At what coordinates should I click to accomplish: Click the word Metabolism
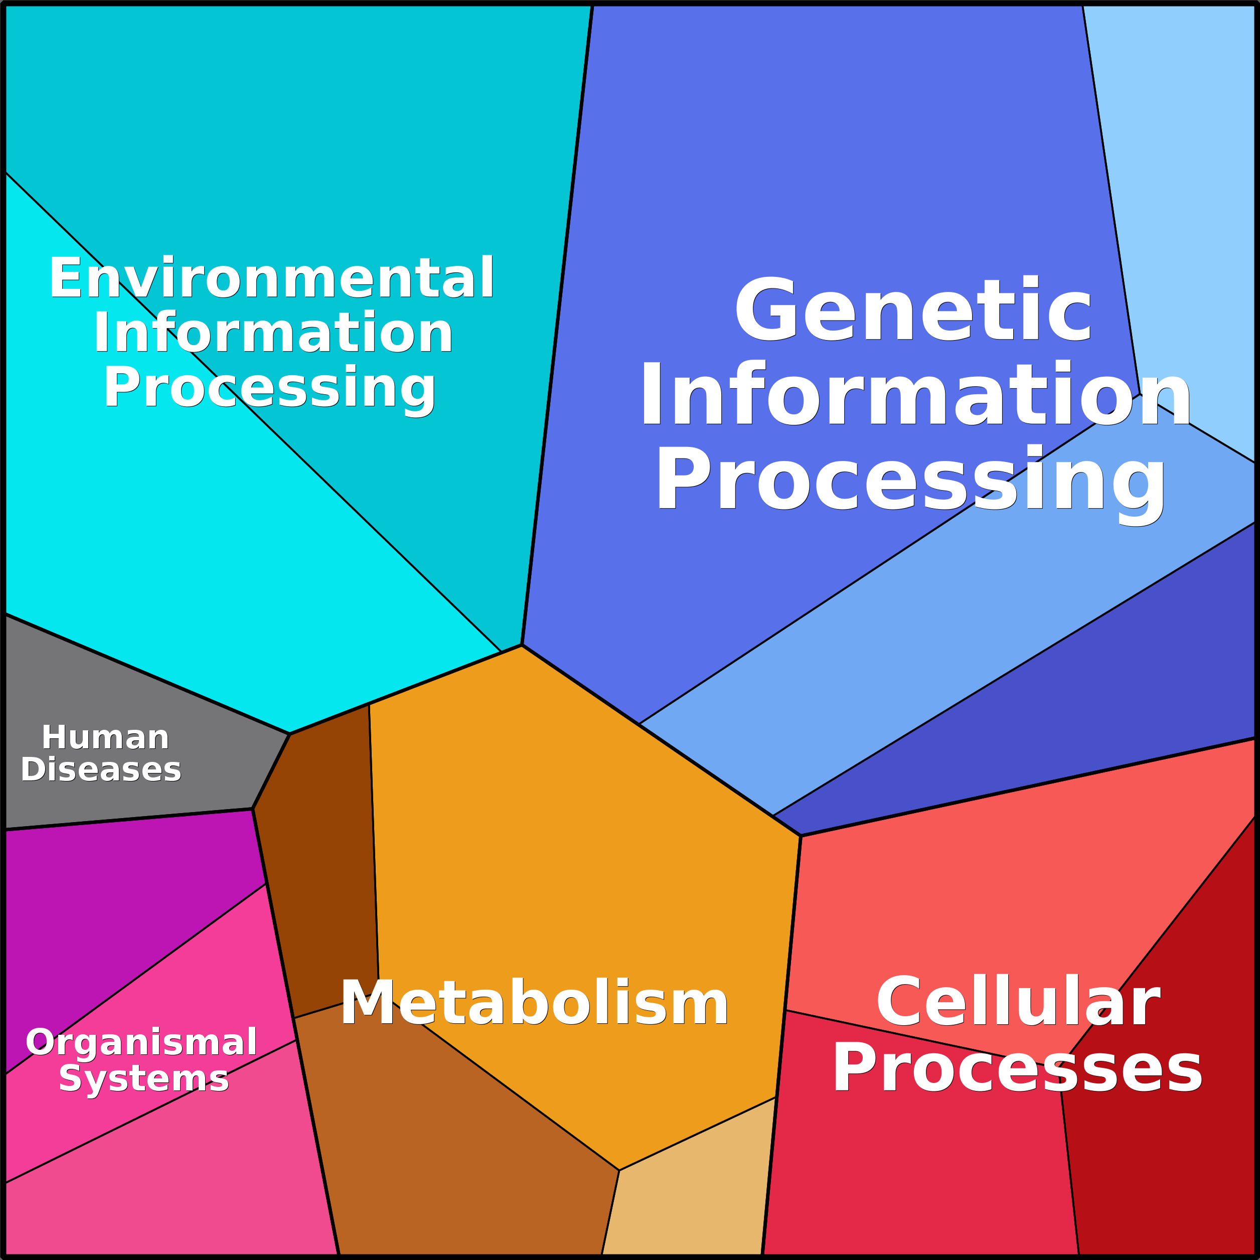point(534,1004)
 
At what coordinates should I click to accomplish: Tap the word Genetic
point(913,310)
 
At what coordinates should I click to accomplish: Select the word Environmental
point(271,278)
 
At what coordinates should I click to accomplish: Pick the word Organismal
point(141,1042)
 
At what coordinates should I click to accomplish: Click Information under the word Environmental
point(272,333)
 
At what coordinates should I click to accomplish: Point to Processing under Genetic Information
point(910,480)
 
